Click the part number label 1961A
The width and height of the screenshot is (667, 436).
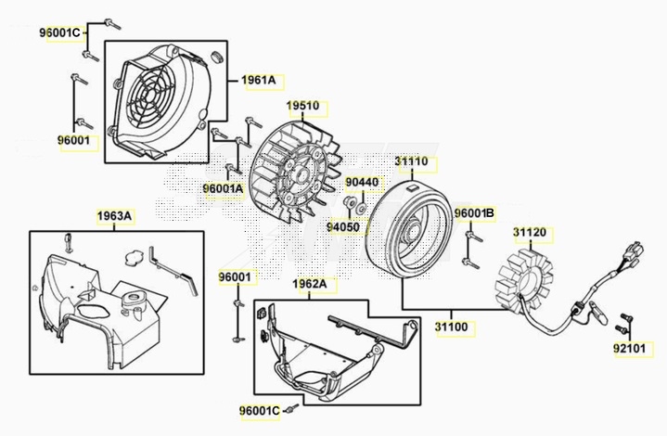click(x=260, y=81)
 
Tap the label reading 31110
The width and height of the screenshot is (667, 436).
click(x=411, y=161)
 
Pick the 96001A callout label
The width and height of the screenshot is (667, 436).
click(x=224, y=188)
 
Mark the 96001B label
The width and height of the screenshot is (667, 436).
click(x=474, y=213)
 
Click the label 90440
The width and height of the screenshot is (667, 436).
click(x=362, y=183)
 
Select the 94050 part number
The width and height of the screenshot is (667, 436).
click(x=343, y=225)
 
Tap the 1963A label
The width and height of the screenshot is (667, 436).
click(x=116, y=216)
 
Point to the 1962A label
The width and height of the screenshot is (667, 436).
click(x=310, y=284)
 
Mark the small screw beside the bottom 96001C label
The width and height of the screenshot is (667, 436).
click(x=293, y=407)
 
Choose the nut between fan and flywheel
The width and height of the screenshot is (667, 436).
click(x=352, y=203)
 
